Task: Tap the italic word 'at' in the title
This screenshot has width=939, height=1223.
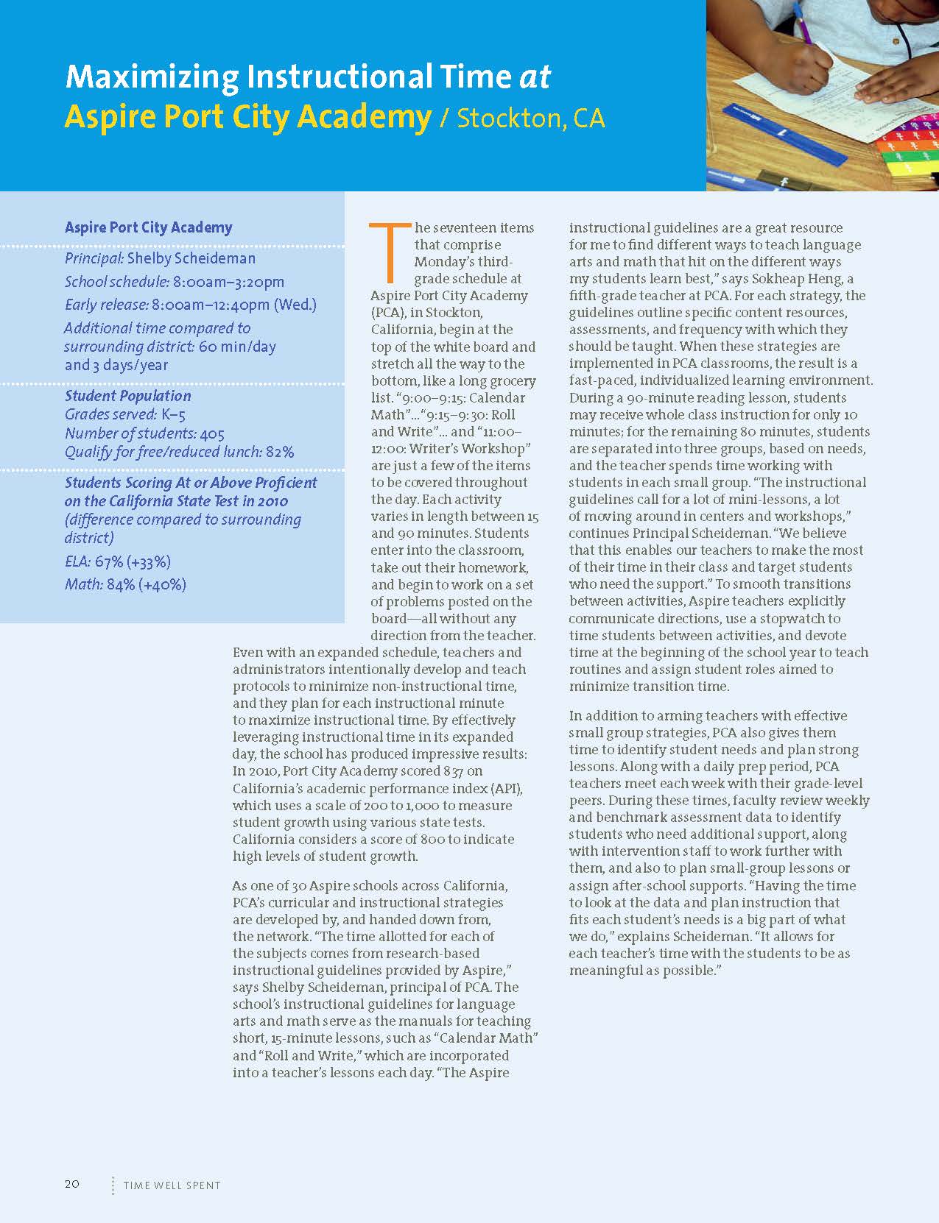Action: coord(535,77)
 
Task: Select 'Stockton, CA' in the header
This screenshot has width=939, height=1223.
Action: coord(530,118)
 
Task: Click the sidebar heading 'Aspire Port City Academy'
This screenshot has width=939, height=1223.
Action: coord(148,227)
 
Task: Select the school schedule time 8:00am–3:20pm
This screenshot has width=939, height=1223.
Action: coord(228,282)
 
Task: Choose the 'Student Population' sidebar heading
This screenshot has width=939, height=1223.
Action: coord(127,396)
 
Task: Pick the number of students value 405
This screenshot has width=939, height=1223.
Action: coord(212,434)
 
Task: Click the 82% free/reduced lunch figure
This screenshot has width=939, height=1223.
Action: coord(280,452)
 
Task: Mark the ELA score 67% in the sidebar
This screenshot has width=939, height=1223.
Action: coord(109,562)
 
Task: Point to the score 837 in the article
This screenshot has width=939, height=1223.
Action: coord(453,771)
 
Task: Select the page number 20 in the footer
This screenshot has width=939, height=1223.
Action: coord(72,1184)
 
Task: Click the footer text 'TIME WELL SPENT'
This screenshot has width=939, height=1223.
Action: coord(172,1185)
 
